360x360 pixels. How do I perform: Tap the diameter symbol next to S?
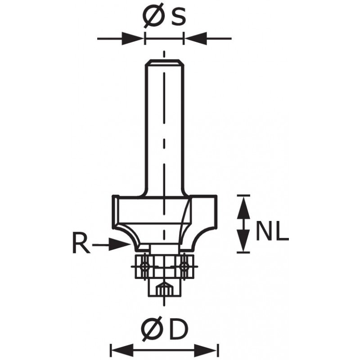(x=153, y=15)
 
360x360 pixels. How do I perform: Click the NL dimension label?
(x=272, y=231)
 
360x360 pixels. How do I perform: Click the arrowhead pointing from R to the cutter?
(x=119, y=244)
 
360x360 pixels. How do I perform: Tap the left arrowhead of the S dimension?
(x=132, y=38)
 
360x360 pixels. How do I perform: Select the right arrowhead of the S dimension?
(x=196, y=38)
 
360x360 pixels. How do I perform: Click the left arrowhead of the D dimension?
(x=122, y=351)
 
